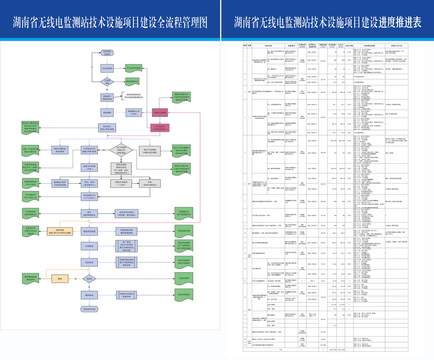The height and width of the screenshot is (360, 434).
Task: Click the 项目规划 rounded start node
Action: click(x=107, y=53)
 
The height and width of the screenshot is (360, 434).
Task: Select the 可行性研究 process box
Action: click(x=107, y=69)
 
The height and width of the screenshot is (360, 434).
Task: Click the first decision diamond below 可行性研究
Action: click(x=107, y=82)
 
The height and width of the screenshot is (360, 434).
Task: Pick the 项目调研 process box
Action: click(x=107, y=113)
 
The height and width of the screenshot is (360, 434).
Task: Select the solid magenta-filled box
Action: click(x=160, y=113)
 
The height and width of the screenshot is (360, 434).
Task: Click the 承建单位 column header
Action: click(x=291, y=46)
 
